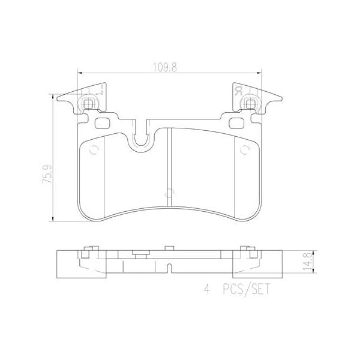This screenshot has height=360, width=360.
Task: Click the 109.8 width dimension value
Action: [168, 68]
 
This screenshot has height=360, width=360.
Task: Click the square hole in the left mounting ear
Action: [89, 104]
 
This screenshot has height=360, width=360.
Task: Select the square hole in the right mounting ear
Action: [247, 104]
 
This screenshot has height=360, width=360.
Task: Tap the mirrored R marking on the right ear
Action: [238, 92]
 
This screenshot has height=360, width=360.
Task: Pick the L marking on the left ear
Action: [99, 92]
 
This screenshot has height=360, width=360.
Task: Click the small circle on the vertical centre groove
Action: [169, 193]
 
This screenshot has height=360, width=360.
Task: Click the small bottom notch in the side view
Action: [169, 266]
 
